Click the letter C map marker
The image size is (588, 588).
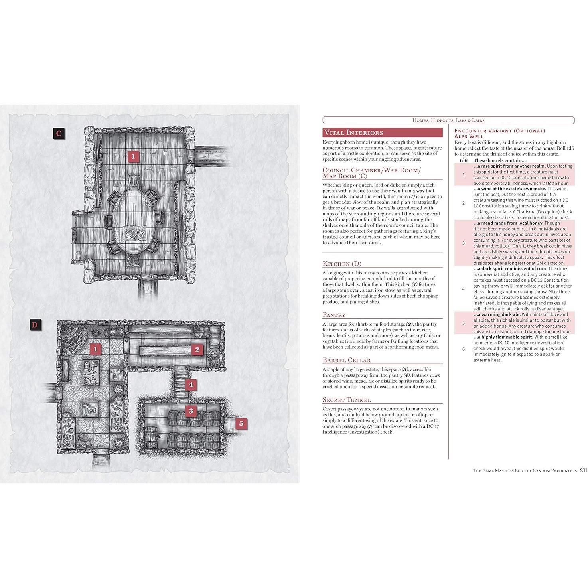(59, 133)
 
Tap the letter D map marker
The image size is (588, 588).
(35, 325)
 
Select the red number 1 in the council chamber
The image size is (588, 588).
(133, 156)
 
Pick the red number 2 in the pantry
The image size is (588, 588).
(197, 350)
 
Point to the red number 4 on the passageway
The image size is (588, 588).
(191, 385)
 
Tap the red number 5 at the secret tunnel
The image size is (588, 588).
(241, 423)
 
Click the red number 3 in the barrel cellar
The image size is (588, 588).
(191, 411)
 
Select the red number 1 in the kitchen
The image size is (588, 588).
(95, 349)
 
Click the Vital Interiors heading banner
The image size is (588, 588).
(382, 133)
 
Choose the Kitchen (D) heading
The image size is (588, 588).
(342, 264)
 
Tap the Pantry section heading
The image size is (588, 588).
(334, 315)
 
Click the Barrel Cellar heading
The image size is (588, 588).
(346, 360)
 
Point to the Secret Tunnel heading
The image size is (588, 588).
(347, 400)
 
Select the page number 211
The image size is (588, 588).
(583, 470)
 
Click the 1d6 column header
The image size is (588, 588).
(463, 160)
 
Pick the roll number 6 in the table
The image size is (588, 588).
(463, 349)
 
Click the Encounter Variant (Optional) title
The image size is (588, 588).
(499, 131)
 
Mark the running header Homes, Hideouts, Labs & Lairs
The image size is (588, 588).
(448, 120)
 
